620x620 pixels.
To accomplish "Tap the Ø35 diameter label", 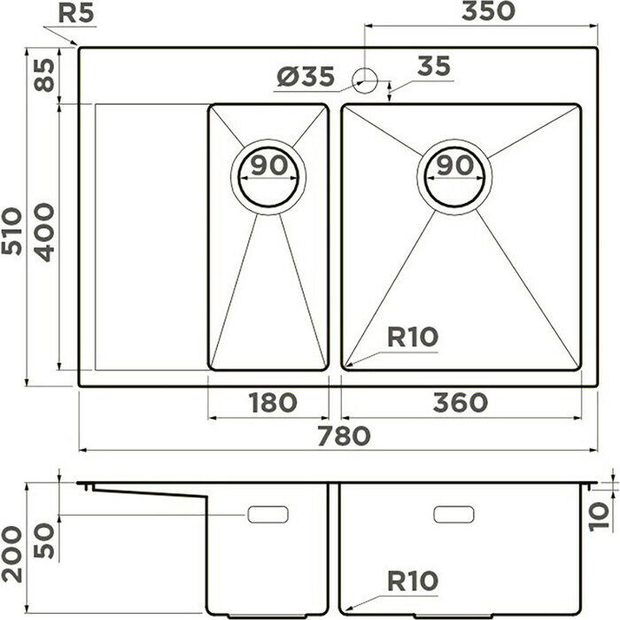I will (x=306, y=78).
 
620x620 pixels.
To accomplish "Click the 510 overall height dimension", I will (x=13, y=232).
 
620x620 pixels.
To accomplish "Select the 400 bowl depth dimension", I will (x=43, y=232).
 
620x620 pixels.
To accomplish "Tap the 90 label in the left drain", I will (x=268, y=164).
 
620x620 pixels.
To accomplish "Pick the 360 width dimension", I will (x=461, y=402).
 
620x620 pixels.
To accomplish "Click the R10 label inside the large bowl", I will (x=413, y=337).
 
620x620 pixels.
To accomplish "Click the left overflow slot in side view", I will (x=269, y=514).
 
